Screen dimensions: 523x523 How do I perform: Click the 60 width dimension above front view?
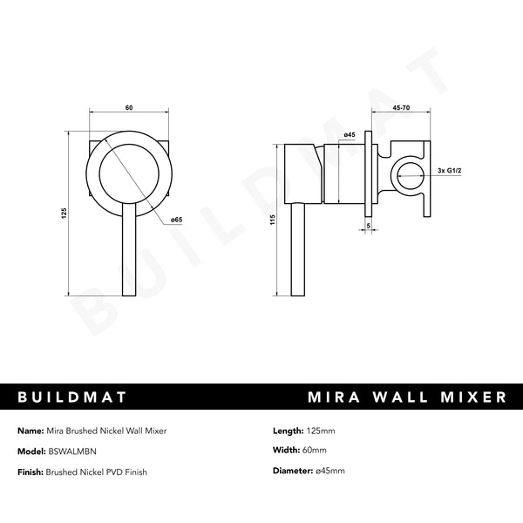(x=129, y=107)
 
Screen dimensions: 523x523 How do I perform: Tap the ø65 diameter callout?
(x=176, y=220)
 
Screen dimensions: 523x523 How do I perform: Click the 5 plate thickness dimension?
(x=369, y=225)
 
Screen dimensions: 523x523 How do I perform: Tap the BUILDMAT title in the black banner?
(x=73, y=397)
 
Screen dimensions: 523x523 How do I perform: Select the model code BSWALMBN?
(x=74, y=452)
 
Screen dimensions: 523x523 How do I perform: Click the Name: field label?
(x=29, y=431)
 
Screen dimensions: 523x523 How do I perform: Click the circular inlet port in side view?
(x=406, y=174)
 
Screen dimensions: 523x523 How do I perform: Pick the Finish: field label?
(x=31, y=472)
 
